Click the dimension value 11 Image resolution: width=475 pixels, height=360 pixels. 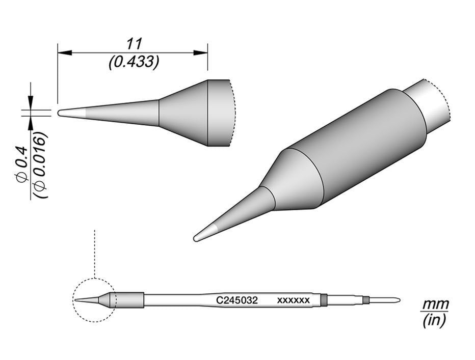coord(134,43)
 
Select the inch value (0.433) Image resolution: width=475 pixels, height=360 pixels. coord(134,62)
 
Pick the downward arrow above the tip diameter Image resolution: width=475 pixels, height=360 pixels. coord(31,101)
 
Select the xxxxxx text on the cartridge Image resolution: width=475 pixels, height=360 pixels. coord(293,300)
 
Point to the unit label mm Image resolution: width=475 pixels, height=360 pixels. coord(434,304)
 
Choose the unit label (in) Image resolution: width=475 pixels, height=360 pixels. coord(434,321)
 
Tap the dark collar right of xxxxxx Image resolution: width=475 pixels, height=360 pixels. coord(323,300)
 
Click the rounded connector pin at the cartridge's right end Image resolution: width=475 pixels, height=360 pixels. coord(385,300)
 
